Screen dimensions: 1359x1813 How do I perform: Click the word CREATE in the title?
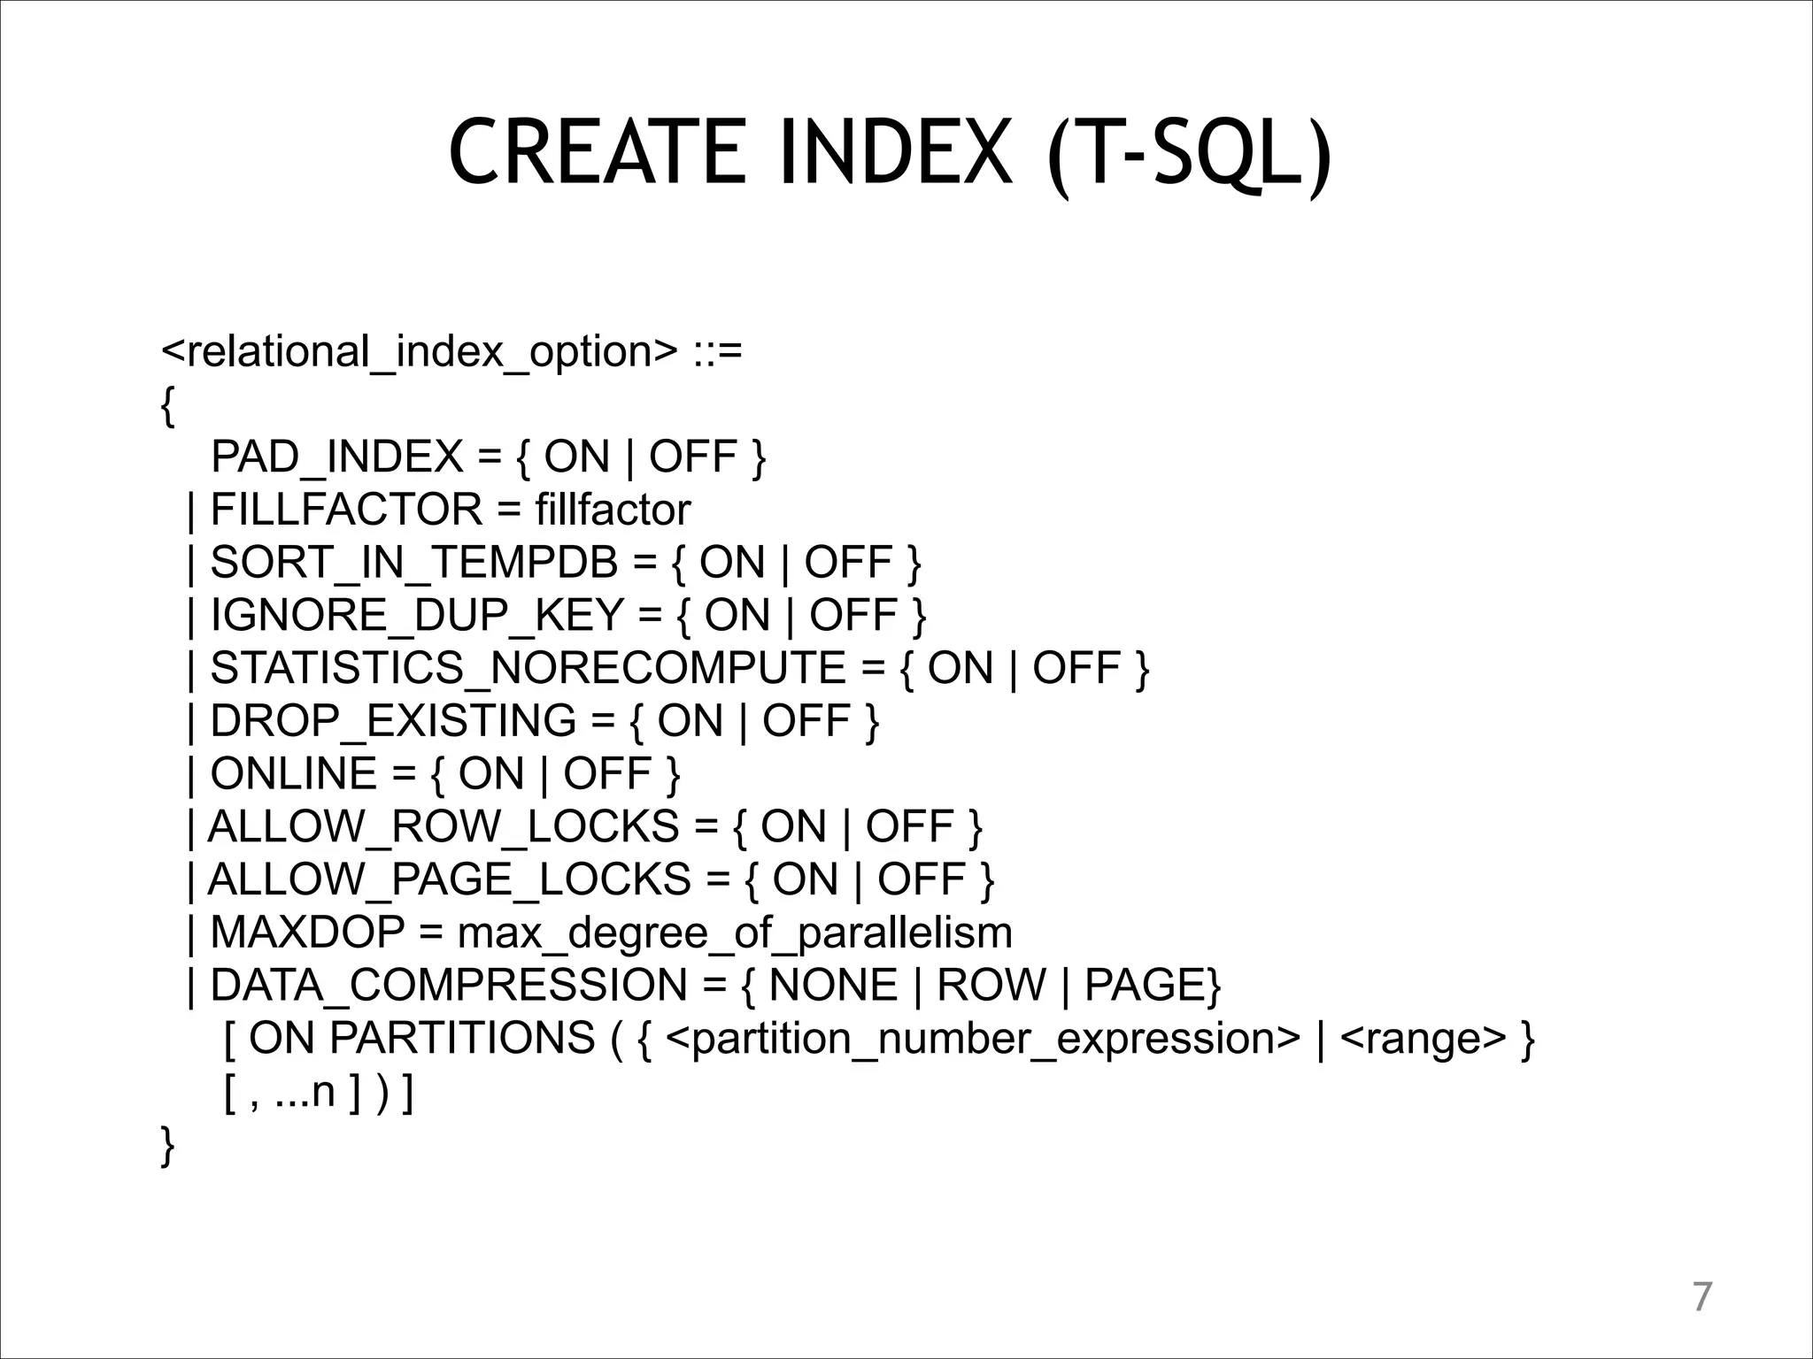point(598,152)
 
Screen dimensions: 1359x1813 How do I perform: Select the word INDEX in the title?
point(895,152)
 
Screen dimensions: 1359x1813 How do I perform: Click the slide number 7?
point(1701,1297)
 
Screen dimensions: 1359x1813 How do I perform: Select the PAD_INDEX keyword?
point(337,457)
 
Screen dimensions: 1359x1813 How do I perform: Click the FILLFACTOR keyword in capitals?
point(347,510)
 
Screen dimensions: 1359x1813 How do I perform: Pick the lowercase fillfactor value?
point(613,510)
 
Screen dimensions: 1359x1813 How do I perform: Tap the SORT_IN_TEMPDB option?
point(414,563)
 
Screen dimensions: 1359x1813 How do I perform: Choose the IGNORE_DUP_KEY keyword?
point(417,616)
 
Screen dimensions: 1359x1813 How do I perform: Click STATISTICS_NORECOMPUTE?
point(528,668)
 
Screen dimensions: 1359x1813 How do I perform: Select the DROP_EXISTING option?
point(393,721)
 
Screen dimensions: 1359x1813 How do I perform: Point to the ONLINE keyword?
point(294,774)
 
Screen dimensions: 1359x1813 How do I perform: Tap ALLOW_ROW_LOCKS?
point(443,827)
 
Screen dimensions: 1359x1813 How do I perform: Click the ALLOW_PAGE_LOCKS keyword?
point(449,879)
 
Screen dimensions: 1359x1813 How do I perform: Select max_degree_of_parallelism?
point(735,933)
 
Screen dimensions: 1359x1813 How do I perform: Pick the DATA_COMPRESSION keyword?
point(449,986)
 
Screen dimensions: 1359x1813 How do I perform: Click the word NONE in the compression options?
point(834,986)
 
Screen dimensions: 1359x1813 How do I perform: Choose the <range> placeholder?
point(1423,1039)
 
